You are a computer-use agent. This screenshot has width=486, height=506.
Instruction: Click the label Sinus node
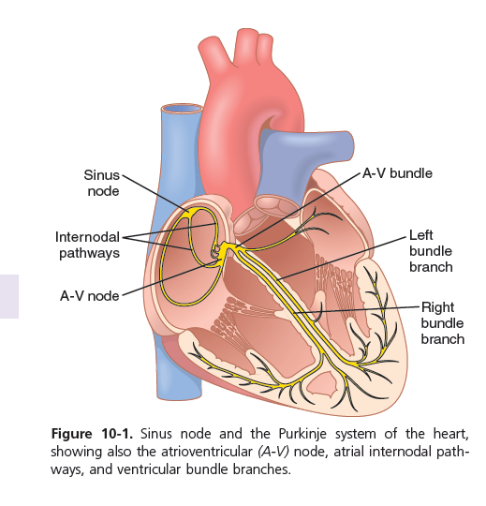(x=101, y=183)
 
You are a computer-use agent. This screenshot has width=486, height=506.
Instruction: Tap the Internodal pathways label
(x=87, y=245)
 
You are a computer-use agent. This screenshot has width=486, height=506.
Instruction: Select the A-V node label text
(x=90, y=296)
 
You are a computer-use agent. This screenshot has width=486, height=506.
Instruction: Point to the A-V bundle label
(x=397, y=173)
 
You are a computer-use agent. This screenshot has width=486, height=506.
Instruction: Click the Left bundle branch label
(x=431, y=251)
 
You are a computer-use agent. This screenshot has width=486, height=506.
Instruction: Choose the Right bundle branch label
(x=443, y=323)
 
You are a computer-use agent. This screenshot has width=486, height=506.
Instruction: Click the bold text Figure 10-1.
(x=92, y=434)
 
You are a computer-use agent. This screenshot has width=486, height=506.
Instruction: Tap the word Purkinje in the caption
(x=302, y=434)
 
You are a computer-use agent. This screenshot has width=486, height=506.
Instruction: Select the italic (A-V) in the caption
(x=273, y=452)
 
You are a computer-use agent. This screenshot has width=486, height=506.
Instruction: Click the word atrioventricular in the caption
(x=206, y=452)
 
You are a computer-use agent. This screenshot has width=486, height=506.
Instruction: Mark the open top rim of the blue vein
(x=182, y=109)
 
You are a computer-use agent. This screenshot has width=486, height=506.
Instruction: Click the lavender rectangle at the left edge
(x=9, y=296)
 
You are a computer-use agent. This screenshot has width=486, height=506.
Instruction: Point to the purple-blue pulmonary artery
(x=306, y=155)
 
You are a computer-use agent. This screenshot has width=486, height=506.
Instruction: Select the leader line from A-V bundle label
(x=298, y=211)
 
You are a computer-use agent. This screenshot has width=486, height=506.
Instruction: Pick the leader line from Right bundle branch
(x=357, y=309)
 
